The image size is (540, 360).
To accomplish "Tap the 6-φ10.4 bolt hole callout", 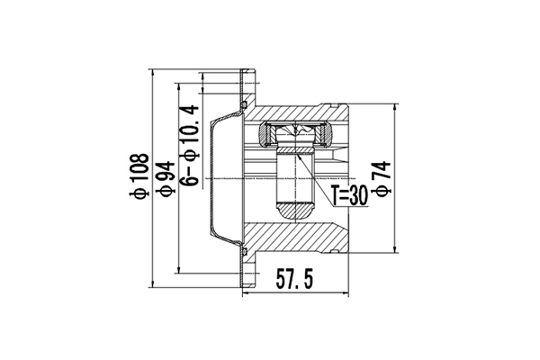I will point(188,144).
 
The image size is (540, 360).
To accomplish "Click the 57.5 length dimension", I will point(294,281).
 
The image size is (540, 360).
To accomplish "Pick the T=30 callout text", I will point(347,195).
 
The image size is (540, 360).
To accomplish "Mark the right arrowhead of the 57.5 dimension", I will point(346,293).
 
